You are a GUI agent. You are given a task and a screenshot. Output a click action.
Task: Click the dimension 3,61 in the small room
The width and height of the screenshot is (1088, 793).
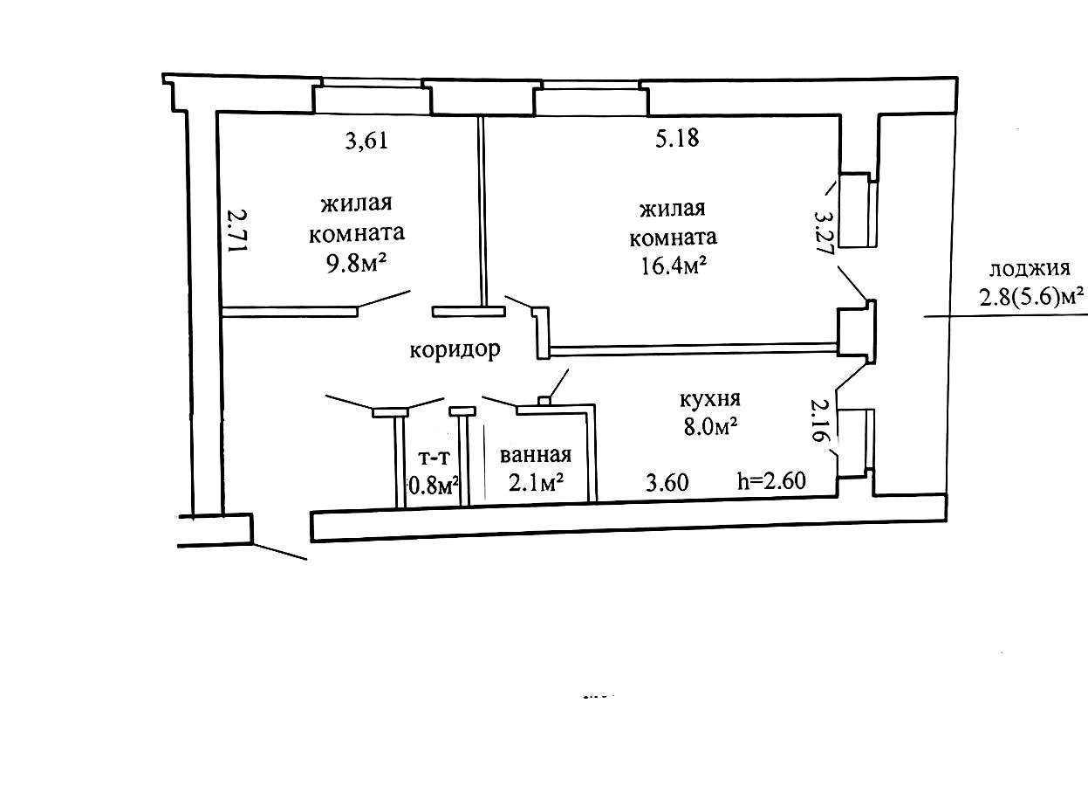366,141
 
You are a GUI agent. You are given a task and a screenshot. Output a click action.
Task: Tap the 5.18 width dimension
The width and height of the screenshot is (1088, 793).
677,138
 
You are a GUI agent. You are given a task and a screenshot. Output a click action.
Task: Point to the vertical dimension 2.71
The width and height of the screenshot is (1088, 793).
238,231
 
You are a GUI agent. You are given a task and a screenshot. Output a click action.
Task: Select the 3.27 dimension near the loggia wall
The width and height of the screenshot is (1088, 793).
825,233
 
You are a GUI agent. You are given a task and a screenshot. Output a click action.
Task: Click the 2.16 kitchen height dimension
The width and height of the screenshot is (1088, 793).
819,420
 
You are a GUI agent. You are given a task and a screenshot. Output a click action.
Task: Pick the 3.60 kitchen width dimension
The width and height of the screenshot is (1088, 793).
667,482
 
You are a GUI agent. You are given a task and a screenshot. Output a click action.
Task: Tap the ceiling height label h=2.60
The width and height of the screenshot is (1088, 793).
772,481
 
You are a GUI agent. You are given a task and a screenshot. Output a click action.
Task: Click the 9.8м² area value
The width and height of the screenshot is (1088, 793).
357,264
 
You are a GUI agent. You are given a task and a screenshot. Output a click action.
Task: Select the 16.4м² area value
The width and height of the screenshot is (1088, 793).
674,266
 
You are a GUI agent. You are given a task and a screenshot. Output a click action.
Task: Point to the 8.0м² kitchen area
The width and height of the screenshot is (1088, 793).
710,428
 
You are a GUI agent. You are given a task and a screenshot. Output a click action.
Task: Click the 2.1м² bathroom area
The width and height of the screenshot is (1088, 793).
536,483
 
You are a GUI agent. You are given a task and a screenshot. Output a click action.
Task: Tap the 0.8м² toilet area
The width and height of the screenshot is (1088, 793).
434,486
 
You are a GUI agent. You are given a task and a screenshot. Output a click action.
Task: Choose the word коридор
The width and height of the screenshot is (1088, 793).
455,350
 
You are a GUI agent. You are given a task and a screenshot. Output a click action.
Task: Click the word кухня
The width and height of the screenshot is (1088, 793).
709,399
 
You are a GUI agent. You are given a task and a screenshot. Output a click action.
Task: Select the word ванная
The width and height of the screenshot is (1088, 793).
535,456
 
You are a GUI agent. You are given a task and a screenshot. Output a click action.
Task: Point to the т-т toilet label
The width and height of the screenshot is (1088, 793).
435,458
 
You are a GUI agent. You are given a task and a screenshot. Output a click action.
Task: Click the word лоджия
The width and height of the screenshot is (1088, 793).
1030,269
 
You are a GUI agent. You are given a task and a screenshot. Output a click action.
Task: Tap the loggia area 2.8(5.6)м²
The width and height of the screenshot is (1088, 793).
1031,298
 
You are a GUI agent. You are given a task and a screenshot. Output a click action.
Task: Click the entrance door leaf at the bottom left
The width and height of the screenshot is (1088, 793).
280,551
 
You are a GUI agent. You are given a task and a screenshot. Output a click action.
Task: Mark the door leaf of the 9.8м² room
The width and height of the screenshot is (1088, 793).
383,299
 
